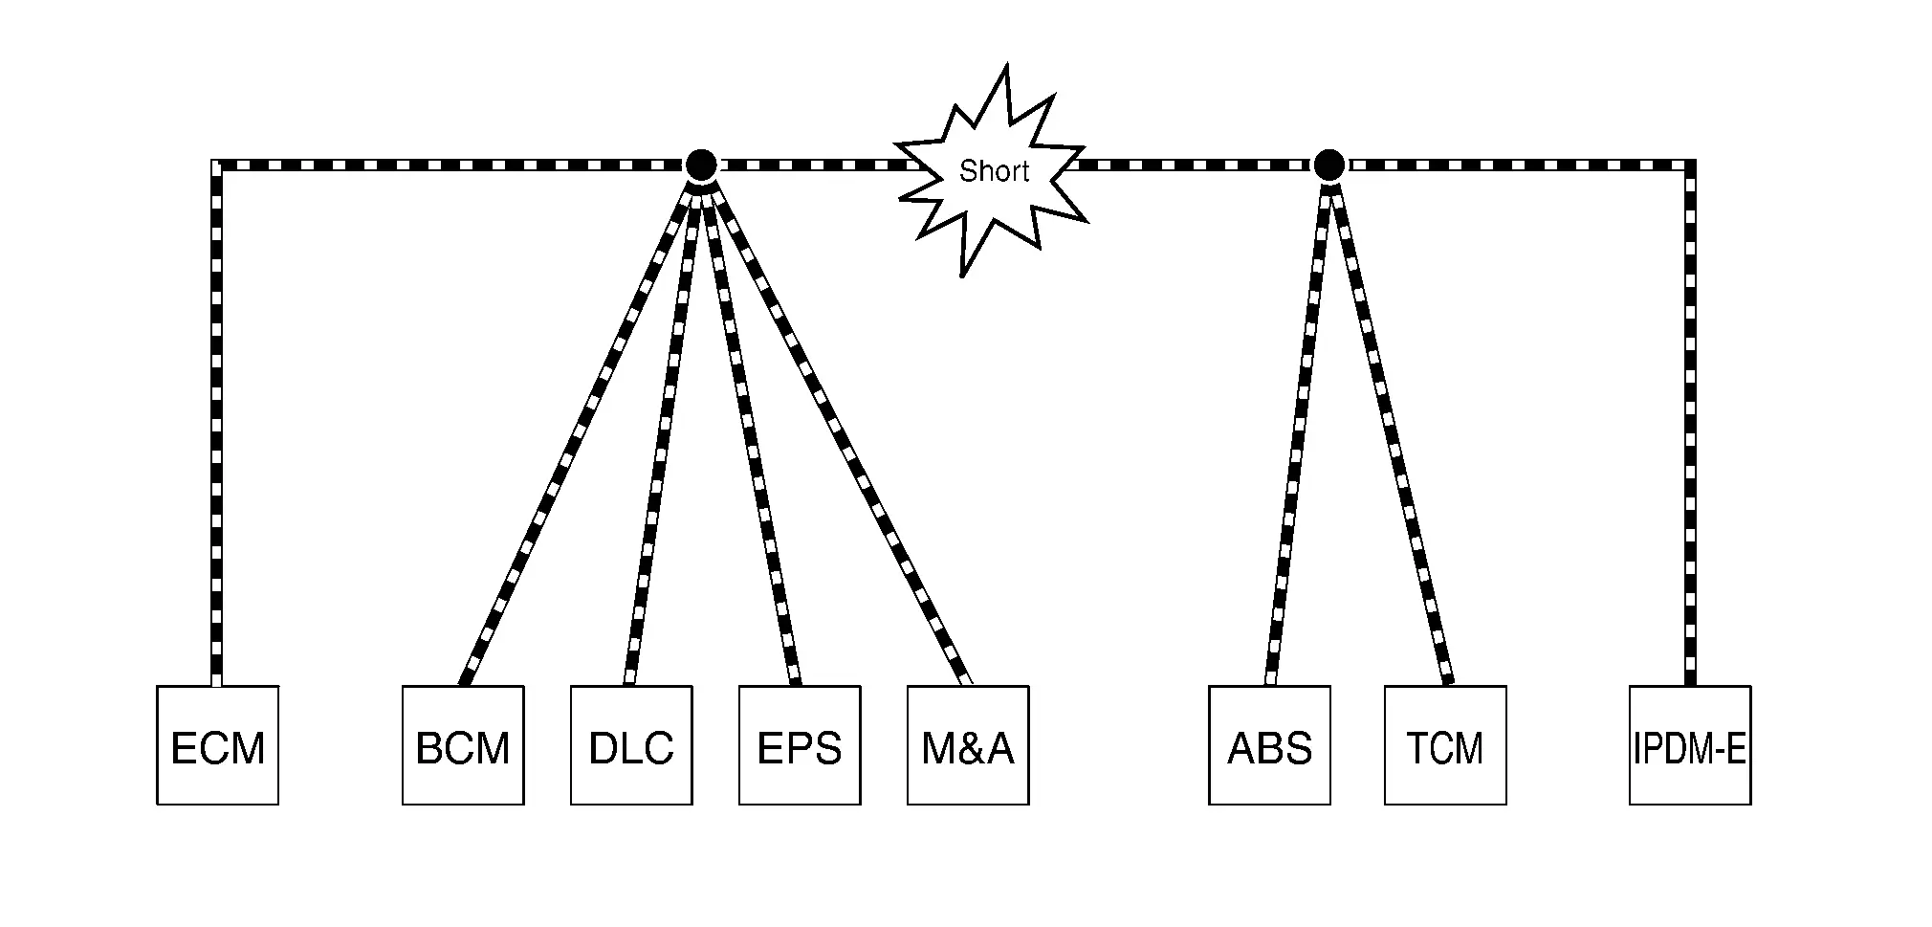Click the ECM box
click(x=218, y=745)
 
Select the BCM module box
click(x=463, y=745)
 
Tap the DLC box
click(x=631, y=745)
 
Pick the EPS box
click(x=800, y=745)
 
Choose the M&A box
click(x=968, y=745)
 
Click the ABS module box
click(x=1269, y=745)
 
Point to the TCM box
click(x=1445, y=745)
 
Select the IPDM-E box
click(x=1690, y=745)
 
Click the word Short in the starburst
click(x=994, y=171)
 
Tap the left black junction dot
click(x=701, y=166)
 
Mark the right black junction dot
click(x=1328, y=166)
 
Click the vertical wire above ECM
click(x=216, y=426)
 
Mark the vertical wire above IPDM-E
click(x=1690, y=426)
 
